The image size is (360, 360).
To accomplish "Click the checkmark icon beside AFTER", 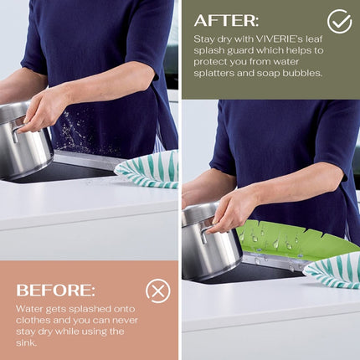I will point(339,22).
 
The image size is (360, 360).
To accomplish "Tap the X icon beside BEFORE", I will point(157,291).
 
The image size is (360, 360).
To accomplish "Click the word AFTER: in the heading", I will point(226,20).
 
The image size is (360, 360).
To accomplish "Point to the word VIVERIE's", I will point(285,39).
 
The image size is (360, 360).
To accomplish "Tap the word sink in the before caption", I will point(27,342).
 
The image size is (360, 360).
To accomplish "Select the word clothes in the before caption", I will point(32,320).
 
